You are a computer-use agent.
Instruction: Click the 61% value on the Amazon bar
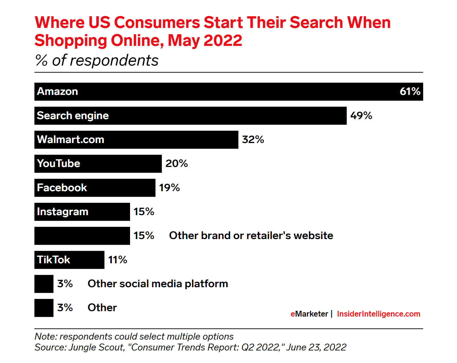[x=410, y=91]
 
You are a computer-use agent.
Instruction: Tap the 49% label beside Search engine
[x=361, y=116]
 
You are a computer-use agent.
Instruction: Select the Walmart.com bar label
[x=71, y=140]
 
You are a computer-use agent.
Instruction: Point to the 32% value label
[x=253, y=140]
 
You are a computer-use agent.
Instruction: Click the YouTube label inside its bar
[x=59, y=164]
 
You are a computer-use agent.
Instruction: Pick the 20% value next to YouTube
[x=176, y=164]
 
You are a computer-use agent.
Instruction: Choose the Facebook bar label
[x=62, y=188]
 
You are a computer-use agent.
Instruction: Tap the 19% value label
[x=169, y=188]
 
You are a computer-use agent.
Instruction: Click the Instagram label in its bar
[x=63, y=212]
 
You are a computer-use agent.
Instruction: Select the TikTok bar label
[x=53, y=260]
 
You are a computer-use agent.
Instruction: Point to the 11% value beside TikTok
[x=118, y=260]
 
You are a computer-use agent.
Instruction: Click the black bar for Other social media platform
[x=44, y=284]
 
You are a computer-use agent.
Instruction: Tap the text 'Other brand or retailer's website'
[x=251, y=236]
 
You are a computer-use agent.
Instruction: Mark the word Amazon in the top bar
[x=57, y=91]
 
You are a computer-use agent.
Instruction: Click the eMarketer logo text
[x=309, y=314]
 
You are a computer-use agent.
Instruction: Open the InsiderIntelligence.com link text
[x=378, y=314]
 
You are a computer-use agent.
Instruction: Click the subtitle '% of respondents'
[x=97, y=60]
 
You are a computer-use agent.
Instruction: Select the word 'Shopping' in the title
[x=71, y=40]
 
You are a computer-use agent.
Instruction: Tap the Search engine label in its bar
[x=73, y=116]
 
